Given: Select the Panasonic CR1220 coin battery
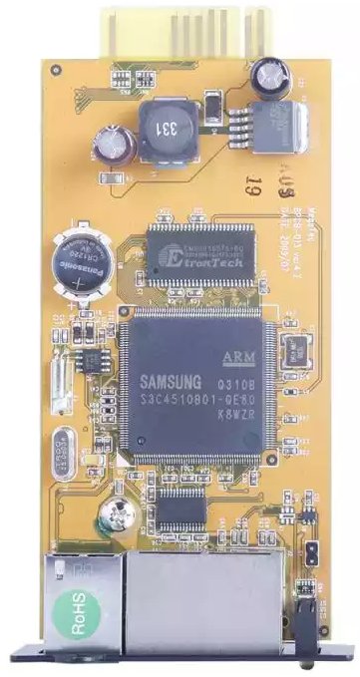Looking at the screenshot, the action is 83,261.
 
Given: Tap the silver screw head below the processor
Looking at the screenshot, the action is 112,518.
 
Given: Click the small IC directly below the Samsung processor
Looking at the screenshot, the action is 180,508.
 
